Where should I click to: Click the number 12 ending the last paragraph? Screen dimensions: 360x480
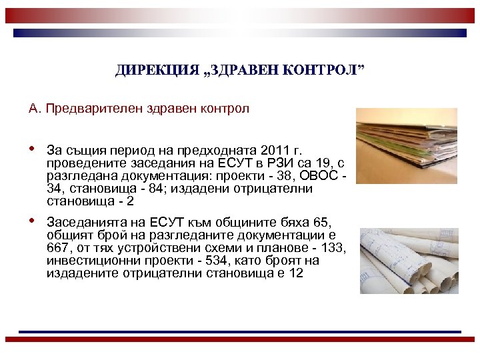(x=296, y=273)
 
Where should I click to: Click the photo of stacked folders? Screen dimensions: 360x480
(x=407, y=146)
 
